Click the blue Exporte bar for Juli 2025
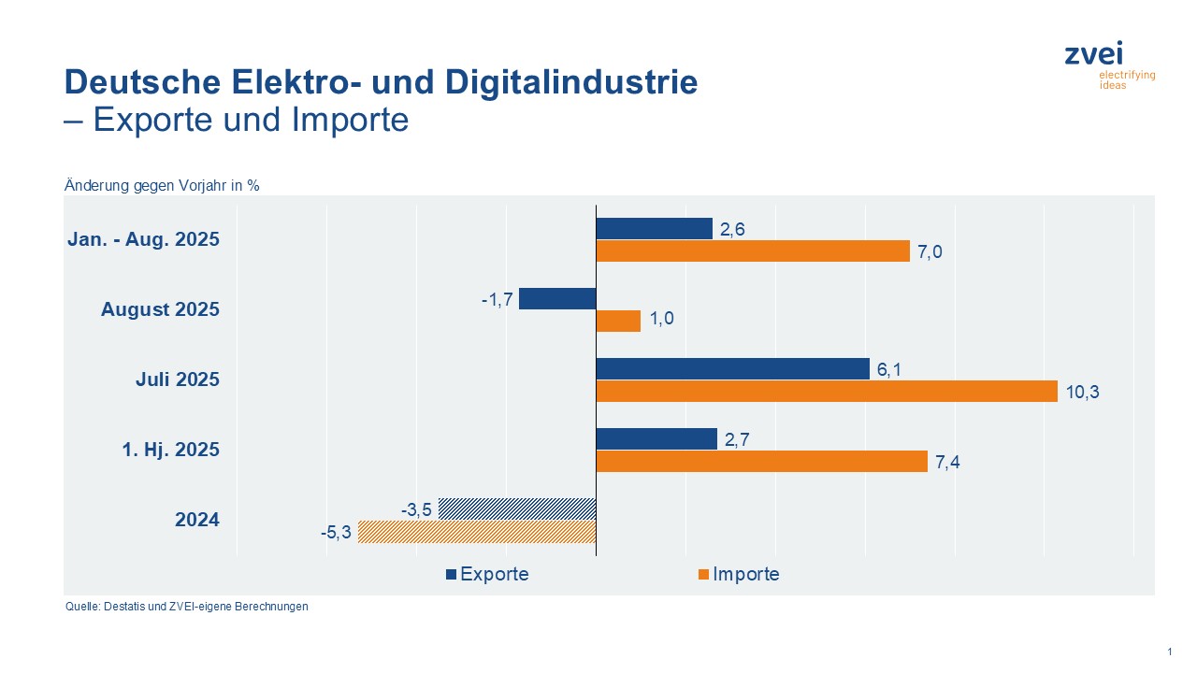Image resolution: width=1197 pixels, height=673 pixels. coord(732,369)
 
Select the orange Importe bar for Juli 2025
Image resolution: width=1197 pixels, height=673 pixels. coord(827,392)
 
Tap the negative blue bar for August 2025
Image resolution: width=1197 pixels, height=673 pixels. coord(557,299)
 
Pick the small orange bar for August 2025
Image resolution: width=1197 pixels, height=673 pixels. coord(618,322)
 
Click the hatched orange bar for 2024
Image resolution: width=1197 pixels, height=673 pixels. coord(477,532)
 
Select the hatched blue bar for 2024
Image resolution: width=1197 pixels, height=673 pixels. coord(517,509)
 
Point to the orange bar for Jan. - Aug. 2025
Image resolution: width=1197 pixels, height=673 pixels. coord(753,251)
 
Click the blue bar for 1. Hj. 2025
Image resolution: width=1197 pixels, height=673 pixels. coord(656,439)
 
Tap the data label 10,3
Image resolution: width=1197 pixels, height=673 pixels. coord(1082,392)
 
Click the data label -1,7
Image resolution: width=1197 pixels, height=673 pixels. coord(498,300)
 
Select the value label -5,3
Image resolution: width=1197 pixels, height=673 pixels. coord(336,533)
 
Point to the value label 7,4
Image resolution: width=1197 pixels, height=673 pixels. coord(949,462)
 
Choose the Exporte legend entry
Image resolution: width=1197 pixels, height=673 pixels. coord(487,574)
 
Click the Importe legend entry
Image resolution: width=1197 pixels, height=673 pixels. coord(739,574)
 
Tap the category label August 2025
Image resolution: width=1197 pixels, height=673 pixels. coord(160,309)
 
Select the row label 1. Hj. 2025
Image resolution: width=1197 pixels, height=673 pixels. coord(170,450)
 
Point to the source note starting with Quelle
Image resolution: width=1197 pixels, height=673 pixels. coord(186,607)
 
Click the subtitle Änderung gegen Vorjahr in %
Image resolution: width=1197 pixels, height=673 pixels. coord(162,185)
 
